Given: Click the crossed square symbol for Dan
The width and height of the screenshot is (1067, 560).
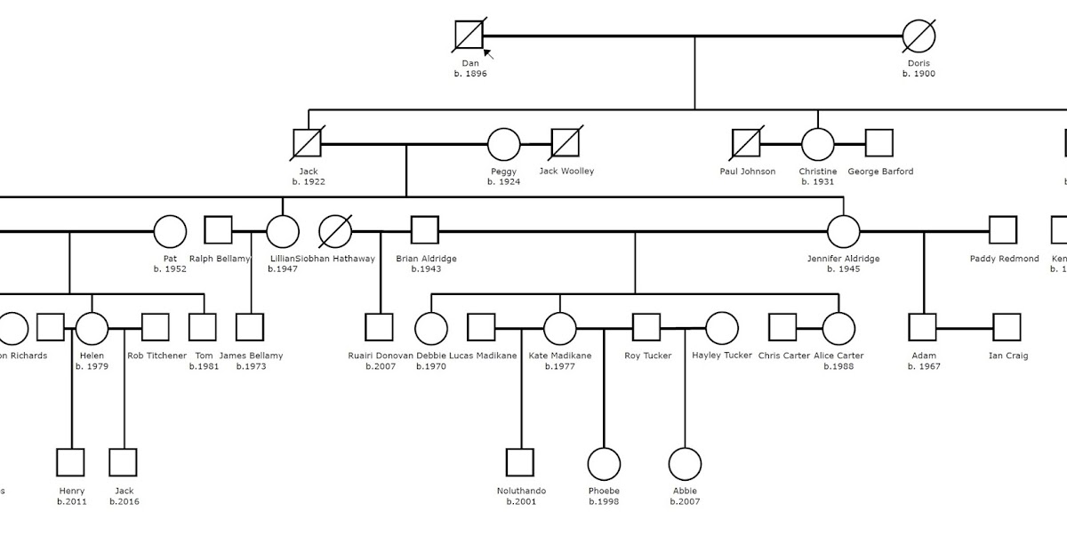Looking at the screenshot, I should pyautogui.click(x=469, y=36).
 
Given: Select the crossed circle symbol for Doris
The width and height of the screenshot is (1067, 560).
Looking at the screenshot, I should pyautogui.click(x=919, y=36).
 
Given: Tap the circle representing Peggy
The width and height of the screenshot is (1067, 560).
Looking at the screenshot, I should pyautogui.click(x=503, y=143).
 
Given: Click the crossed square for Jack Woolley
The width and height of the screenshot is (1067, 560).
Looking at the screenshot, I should pyautogui.click(x=566, y=143).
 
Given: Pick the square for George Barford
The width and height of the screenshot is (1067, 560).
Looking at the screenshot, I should pyautogui.click(x=878, y=143).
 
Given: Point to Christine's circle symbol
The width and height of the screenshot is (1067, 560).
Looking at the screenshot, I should pyautogui.click(x=817, y=143).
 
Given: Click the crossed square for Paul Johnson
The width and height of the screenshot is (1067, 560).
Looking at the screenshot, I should pyautogui.click(x=746, y=143).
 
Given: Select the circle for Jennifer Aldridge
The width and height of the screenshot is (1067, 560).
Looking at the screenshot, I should pyautogui.click(x=843, y=231).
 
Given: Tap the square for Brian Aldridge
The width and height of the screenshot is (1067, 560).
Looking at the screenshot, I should pyautogui.click(x=424, y=231).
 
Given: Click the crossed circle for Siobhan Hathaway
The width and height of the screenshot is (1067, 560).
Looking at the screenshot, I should pyautogui.click(x=335, y=231).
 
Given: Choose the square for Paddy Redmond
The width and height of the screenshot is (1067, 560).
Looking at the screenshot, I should pyautogui.click(x=1003, y=231).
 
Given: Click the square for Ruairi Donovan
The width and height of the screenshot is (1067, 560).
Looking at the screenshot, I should pyautogui.click(x=379, y=327).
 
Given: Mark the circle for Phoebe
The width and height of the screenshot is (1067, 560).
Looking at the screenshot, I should pyautogui.click(x=604, y=463).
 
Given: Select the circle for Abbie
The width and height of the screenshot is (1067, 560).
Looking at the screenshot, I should pyautogui.click(x=685, y=463).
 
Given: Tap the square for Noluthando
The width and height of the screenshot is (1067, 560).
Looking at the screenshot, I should pyautogui.click(x=520, y=463).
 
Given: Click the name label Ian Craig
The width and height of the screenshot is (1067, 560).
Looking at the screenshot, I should pyautogui.click(x=1008, y=356).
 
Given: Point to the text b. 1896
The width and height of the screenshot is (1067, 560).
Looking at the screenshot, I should pyautogui.click(x=470, y=74).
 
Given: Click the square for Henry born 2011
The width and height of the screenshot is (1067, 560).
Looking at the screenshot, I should pyautogui.click(x=70, y=463).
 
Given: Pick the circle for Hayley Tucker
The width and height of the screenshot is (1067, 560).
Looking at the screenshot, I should pyautogui.click(x=721, y=327).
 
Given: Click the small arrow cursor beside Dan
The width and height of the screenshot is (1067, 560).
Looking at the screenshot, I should pyautogui.click(x=488, y=54).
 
